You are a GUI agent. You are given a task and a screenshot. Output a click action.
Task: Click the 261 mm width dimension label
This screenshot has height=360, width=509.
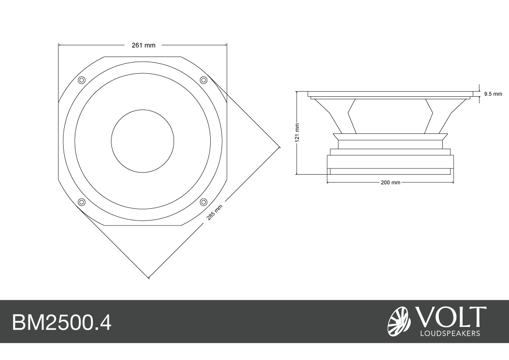(x=144, y=45)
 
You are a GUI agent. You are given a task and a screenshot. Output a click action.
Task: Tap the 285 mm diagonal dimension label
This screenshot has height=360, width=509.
(x=215, y=213)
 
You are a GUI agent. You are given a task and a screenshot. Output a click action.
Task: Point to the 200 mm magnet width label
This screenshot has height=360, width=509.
(x=390, y=183)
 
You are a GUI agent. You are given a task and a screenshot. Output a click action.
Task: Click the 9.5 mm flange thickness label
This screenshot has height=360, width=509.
(x=493, y=94)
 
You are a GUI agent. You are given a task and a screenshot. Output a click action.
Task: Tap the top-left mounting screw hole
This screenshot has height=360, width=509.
(x=81, y=80)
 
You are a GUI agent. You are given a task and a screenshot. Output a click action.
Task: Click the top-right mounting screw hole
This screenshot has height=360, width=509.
(x=203, y=80)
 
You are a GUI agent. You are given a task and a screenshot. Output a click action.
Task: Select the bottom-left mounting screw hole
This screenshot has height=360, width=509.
(x=81, y=202)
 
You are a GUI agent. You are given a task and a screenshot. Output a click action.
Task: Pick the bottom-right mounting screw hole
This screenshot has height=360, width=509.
(x=203, y=202)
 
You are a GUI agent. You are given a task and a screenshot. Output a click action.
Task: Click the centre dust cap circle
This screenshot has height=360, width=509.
(x=143, y=141)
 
